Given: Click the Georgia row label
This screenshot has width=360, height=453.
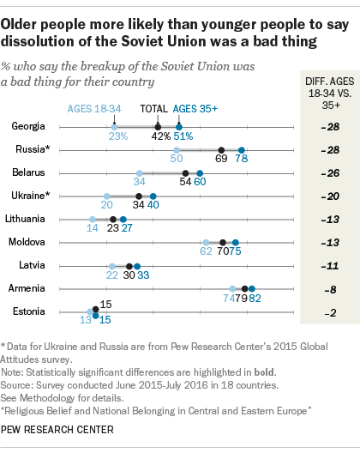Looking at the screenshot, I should tap(28, 126).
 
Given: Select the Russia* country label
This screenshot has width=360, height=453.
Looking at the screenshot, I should tap(27, 149).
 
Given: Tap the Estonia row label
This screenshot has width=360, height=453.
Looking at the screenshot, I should tap(28, 311).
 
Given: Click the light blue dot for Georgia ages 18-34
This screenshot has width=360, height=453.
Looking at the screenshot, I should tap(114, 126).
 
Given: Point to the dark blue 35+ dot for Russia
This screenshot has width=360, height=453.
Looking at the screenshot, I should tap(242, 149).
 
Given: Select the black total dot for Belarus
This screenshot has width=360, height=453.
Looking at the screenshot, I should tap(187, 172).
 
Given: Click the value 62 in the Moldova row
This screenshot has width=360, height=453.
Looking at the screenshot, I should tap(206, 253).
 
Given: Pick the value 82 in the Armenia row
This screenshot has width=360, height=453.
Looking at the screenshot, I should tap(254, 299).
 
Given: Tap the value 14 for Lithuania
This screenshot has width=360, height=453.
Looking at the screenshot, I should tap(93, 230).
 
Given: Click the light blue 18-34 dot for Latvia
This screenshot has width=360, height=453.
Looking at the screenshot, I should tap(111, 265).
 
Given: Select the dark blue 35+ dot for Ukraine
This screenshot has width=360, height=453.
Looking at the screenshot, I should tap(153, 196).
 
